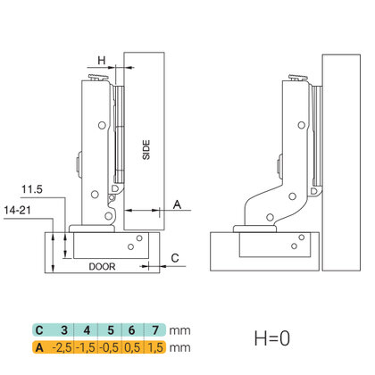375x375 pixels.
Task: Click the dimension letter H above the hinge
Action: point(102,61)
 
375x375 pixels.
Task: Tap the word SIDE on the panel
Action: point(146,150)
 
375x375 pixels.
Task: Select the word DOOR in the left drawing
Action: point(102,266)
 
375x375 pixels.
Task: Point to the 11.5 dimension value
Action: point(32,189)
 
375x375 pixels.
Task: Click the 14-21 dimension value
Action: point(18,211)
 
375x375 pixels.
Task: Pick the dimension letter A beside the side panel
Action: point(177,204)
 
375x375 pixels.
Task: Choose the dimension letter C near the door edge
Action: point(175,258)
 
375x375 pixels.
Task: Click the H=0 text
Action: point(272,338)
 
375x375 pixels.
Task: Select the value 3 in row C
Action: point(64,330)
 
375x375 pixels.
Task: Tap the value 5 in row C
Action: point(111,330)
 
